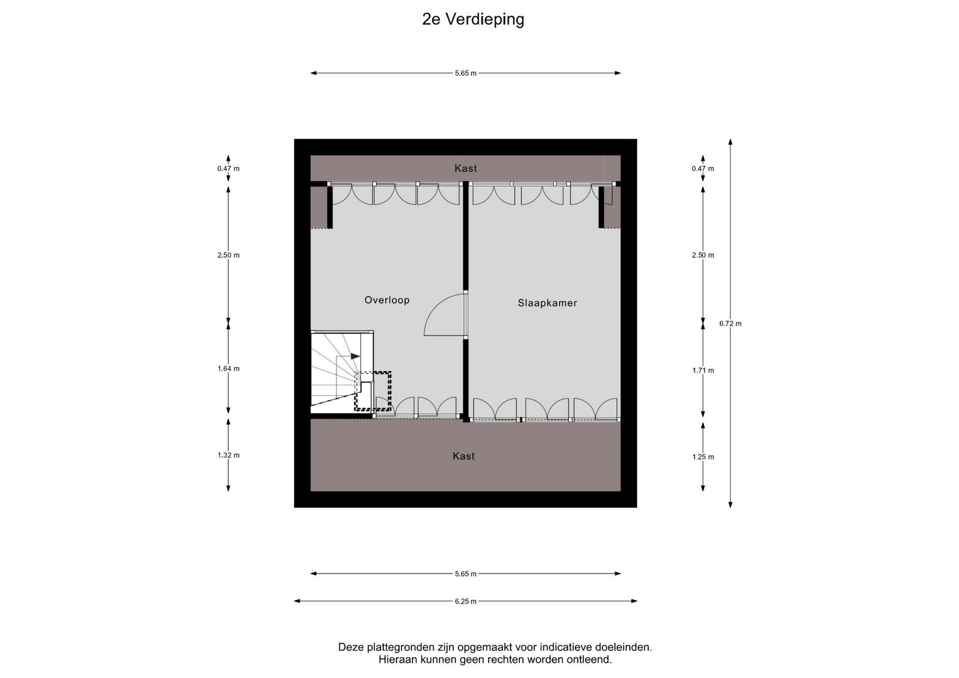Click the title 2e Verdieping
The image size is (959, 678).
[473, 19]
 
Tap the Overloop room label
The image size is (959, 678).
[387, 300]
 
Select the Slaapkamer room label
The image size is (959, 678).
[547, 303]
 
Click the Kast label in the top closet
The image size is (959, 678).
[466, 168]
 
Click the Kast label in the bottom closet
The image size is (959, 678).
[464, 456]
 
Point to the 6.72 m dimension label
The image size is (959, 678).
[730, 324]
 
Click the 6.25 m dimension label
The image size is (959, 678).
[466, 601]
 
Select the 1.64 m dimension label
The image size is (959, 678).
[228, 369]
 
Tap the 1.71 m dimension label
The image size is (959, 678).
[703, 370]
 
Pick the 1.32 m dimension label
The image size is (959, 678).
[228, 455]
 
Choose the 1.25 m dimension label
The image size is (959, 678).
[703, 457]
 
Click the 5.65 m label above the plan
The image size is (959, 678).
[466, 73]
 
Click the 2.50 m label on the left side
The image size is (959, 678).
[228, 255]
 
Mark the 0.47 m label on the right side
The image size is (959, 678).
[703, 169]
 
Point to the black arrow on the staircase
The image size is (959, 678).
[355, 356]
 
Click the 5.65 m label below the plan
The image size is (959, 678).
[466, 574]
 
